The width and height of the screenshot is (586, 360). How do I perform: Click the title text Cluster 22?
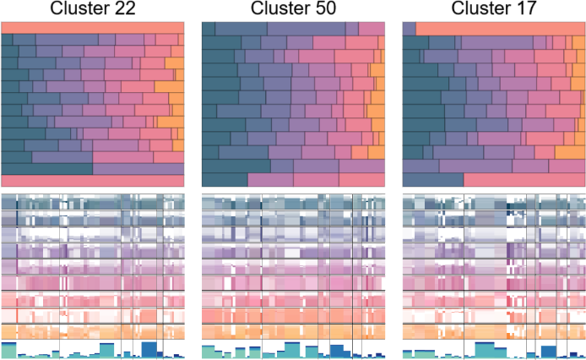92,9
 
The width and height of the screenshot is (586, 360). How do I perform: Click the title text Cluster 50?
292,9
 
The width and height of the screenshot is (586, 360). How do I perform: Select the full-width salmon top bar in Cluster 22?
92,28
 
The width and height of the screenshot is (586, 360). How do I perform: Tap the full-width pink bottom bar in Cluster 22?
92,181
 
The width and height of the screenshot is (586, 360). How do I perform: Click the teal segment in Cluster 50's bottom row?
225,180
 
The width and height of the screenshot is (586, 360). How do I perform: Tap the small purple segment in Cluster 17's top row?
409,28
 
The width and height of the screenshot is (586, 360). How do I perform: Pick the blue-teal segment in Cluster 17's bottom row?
433,180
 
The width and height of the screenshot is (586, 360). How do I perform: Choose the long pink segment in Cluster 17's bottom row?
524,180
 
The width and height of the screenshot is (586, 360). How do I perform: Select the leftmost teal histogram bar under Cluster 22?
8,351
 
